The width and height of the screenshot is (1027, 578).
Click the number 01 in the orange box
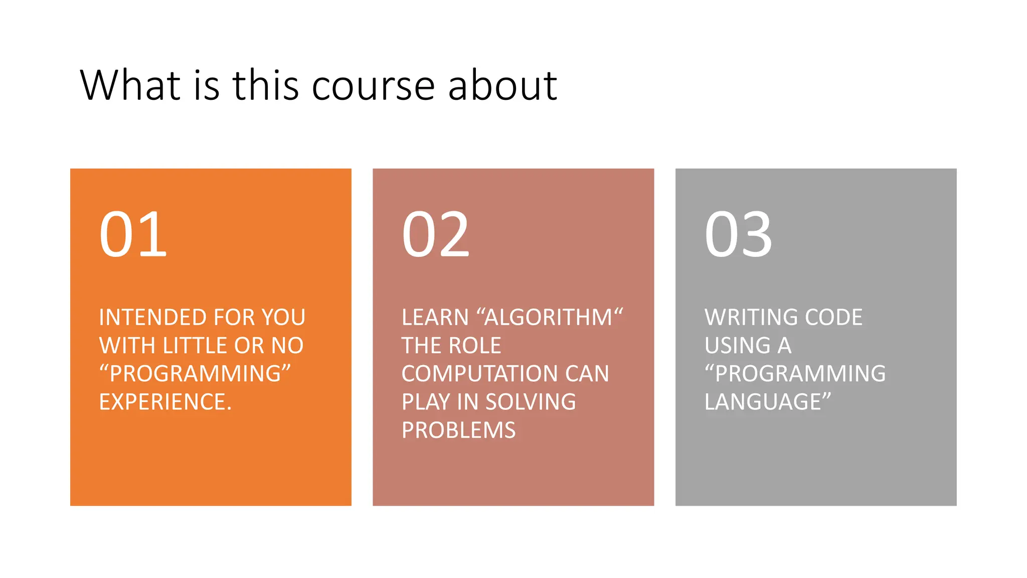(x=133, y=234)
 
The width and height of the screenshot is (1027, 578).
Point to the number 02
(x=436, y=234)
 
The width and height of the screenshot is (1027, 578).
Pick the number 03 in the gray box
(x=738, y=234)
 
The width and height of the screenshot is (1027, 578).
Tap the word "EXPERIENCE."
(x=165, y=402)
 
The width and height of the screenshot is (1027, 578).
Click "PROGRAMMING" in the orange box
(x=195, y=374)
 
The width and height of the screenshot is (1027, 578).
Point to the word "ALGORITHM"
(x=549, y=318)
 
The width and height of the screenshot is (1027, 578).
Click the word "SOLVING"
(x=531, y=402)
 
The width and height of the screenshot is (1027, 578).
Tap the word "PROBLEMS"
(x=458, y=430)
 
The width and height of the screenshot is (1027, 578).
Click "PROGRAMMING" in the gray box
(x=800, y=374)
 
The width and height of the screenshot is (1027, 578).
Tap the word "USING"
(x=737, y=346)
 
